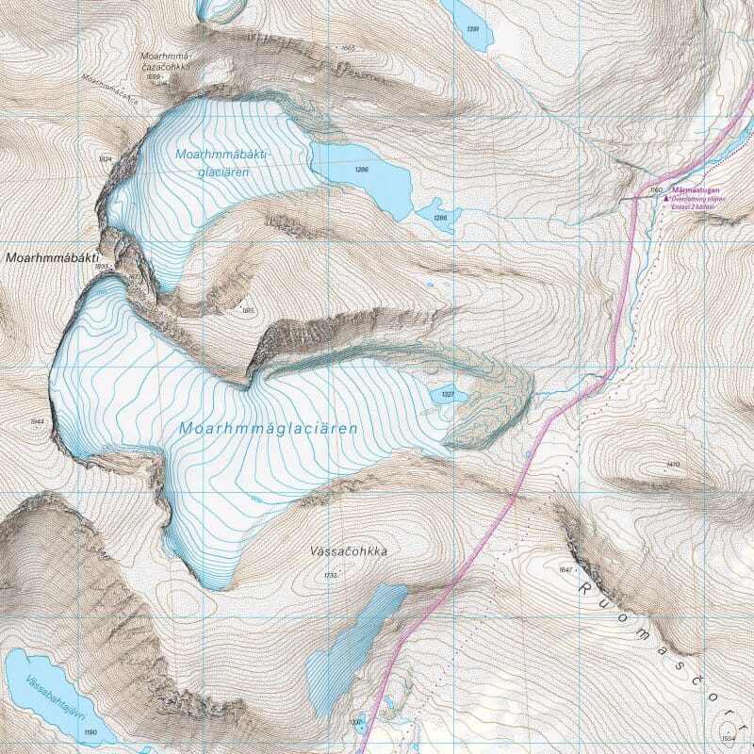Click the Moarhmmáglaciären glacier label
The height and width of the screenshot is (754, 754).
coord(269,428)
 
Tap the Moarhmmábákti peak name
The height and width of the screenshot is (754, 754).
coord(53,256)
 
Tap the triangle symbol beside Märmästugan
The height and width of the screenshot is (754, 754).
coord(667,199)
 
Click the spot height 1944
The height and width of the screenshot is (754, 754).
coord(38,421)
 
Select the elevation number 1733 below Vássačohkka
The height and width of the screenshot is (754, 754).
coord(329,575)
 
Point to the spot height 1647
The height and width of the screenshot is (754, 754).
coord(566,569)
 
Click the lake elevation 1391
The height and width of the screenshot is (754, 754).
coord(473,30)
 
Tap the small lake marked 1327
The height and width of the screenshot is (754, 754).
coord(448,394)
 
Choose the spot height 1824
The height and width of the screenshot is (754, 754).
coord(106,159)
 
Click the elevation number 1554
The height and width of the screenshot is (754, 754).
coord(727,738)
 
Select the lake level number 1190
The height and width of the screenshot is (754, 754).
coord(90,732)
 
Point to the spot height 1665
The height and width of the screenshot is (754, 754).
coord(348,48)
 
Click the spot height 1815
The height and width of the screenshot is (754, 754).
coord(249,310)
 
